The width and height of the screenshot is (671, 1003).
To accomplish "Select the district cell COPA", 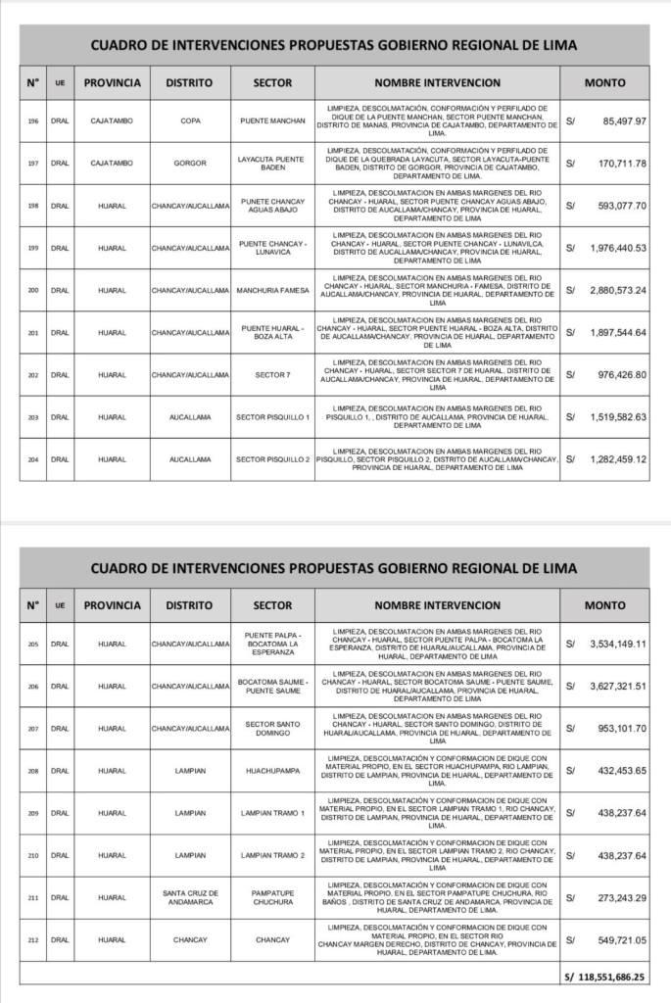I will click(x=190, y=120).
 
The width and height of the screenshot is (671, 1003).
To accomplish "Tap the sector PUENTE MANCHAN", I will click(x=272, y=120).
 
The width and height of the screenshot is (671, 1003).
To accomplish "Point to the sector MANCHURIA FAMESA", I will click(x=272, y=290).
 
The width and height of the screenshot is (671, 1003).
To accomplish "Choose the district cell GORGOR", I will click(x=190, y=163).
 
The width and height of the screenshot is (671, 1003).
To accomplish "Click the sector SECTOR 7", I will click(x=272, y=374).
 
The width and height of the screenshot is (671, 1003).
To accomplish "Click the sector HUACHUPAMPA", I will click(x=272, y=771).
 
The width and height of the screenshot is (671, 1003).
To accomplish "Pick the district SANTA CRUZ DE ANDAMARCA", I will click(x=190, y=897).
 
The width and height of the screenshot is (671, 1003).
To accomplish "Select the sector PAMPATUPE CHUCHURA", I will click(x=272, y=897).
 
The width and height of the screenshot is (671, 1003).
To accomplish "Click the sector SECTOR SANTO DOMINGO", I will click(x=272, y=728).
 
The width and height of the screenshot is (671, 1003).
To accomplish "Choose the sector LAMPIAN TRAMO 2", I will click(x=272, y=855).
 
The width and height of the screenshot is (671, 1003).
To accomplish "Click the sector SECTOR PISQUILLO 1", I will click(x=272, y=416).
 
